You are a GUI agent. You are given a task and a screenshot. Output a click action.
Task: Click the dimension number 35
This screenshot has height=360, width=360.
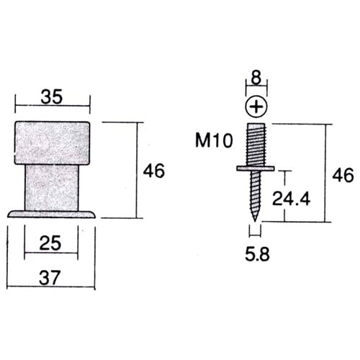click(x=52, y=96)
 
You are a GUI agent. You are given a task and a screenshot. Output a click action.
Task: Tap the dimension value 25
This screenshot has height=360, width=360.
click(x=50, y=243)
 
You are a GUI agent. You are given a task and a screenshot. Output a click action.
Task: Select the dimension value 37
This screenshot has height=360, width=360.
click(x=49, y=278)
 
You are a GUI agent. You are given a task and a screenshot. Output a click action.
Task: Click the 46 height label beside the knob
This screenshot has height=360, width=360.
click(x=154, y=171)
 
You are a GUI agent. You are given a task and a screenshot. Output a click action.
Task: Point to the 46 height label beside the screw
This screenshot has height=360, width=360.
click(x=343, y=175)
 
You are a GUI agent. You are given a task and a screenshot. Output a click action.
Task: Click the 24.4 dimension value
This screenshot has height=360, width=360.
click(x=291, y=199)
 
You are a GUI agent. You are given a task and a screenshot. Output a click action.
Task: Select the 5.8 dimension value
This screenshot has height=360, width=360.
click(x=257, y=254)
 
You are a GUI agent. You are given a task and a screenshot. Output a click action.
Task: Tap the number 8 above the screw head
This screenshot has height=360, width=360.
click(x=256, y=78)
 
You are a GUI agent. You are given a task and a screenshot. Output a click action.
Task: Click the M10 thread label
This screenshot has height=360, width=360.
click(x=214, y=140)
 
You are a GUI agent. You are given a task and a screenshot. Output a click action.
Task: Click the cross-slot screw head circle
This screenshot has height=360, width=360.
click(x=256, y=107)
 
